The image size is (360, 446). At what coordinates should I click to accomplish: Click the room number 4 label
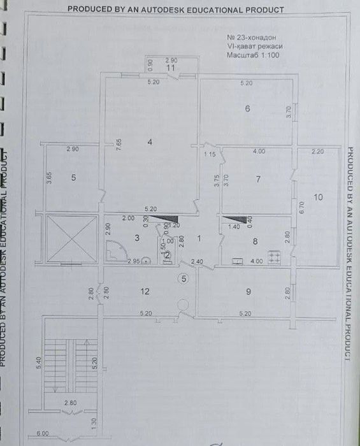click(x=150, y=142)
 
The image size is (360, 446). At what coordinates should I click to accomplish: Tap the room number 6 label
click(x=247, y=109)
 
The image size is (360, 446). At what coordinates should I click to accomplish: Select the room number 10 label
click(x=319, y=198)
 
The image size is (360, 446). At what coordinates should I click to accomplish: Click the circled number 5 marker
click(x=184, y=278)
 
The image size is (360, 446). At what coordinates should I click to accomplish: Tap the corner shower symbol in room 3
click(x=115, y=252)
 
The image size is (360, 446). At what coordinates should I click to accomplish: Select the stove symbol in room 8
click(x=276, y=257)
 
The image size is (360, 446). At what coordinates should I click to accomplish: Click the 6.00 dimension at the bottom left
click(x=43, y=433)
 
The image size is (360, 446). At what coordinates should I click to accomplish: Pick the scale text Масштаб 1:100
click(x=253, y=55)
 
